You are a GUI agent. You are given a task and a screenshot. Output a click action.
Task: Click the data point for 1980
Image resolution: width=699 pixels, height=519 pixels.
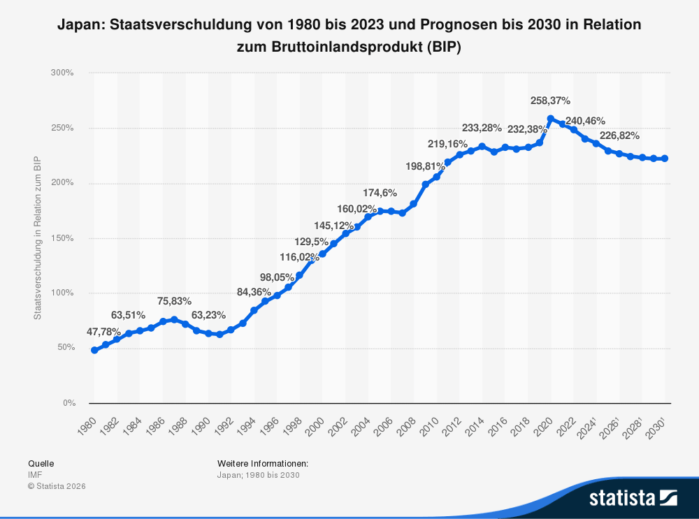(x=94, y=350)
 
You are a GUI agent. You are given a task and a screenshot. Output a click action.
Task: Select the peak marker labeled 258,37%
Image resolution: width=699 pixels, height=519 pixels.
(x=551, y=119)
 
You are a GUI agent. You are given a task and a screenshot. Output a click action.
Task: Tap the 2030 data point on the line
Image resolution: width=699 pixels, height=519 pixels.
(x=665, y=159)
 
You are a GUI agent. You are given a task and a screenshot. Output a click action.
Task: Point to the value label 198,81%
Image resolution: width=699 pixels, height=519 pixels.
(x=425, y=166)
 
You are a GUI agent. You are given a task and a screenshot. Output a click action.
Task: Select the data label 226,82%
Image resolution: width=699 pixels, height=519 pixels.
(x=619, y=136)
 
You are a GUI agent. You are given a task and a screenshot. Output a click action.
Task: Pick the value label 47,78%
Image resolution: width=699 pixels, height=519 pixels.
(x=104, y=331)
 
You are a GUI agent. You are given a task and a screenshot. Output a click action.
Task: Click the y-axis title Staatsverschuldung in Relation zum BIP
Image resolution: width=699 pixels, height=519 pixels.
(x=38, y=238)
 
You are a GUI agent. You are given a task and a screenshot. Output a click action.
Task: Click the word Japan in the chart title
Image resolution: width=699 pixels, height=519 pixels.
(x=78, y=24)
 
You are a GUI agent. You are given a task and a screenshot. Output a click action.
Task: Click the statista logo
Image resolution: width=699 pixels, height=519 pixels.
(x=633, y=498)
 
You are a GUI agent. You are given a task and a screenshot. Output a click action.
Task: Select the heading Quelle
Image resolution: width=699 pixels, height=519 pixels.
(x=41, y=463)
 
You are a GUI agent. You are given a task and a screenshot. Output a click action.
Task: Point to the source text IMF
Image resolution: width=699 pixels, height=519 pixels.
(x=35, y=475)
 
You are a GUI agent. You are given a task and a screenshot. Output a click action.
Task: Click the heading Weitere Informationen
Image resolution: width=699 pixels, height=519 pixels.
(x=263, y=463)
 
